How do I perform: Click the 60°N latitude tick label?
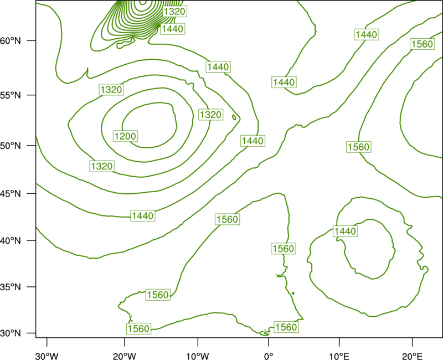tap(11, 40)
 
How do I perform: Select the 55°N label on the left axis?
tap(11, 95)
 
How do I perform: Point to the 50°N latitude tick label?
tap(11, 146)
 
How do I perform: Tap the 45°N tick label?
tap(11, 193)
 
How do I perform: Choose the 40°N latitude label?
tap(11, 240)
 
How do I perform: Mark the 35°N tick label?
tap(11, 287)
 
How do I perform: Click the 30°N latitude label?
tap(11, 333)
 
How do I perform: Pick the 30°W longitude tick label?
tap(47, 356)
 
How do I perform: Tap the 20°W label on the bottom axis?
tap(124, 356)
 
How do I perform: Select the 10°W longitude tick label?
tap(198, 356)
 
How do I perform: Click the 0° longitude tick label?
tap(269, 356)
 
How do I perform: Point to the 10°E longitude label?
tap(339, 356)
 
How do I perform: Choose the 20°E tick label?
tap(412, 356)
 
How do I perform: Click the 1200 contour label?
tap(126, 136)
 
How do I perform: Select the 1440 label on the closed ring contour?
tap(345, 231)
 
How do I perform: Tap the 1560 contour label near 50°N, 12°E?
tap(358, 147)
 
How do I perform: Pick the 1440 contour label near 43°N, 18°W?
tap(143, 216)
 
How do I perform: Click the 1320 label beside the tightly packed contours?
tap(174, 12)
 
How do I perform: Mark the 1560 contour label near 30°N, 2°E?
tap(286, 327)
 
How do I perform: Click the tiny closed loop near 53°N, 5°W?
tap(234, 117)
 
